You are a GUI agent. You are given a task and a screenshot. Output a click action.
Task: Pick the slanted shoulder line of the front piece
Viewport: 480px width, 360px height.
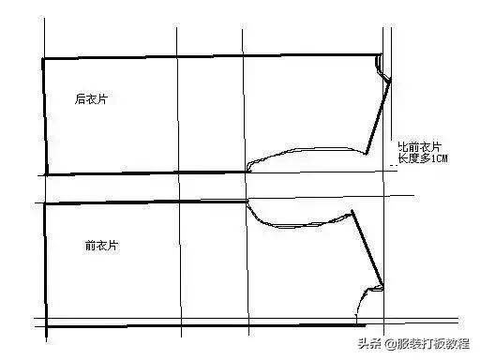pyautogui.click(x=369, y=248)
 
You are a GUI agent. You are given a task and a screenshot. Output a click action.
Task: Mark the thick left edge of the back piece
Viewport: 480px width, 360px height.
pyautogui.click(x=43, y=116)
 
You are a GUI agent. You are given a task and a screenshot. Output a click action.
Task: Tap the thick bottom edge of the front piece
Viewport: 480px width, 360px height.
pyautogui.click(x=202, y=325)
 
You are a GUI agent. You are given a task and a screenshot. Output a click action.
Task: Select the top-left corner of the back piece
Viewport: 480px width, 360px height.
pyautogui.click(x=43, y=59)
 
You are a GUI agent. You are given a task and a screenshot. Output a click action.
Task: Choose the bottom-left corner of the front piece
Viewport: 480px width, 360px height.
pyautogui.click(x=44, y=325)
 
